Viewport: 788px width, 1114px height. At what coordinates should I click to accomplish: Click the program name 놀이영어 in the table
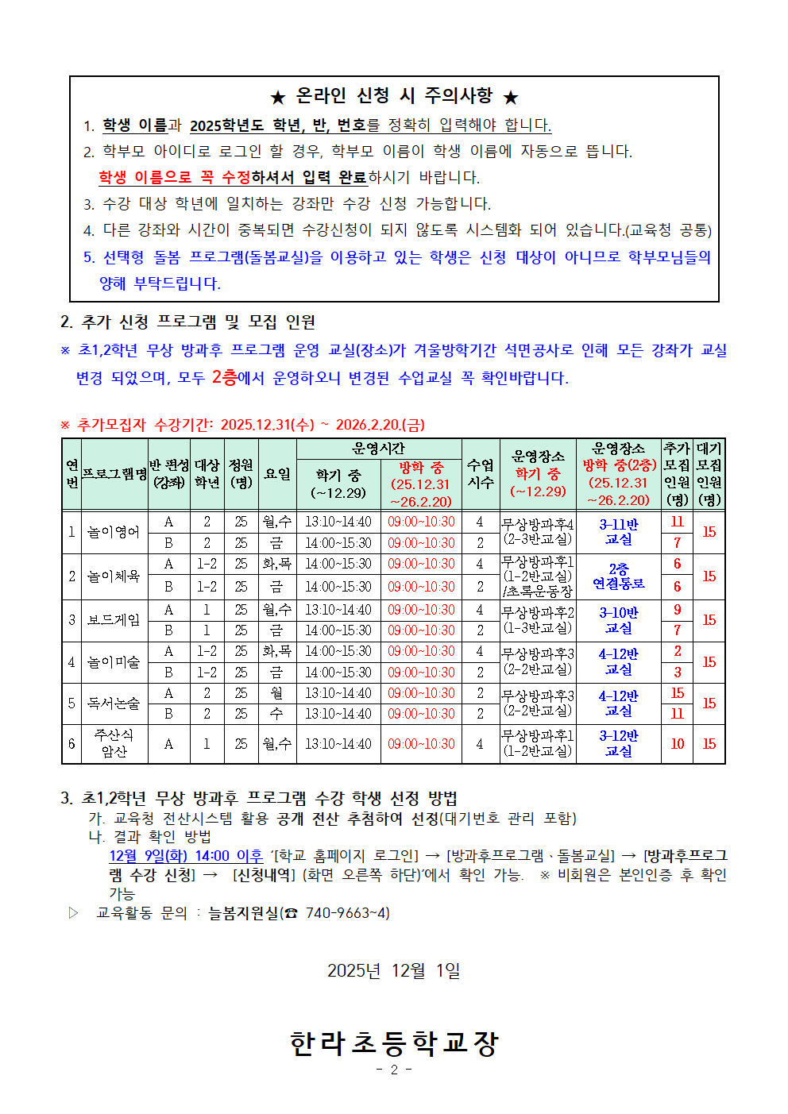click(113, 532)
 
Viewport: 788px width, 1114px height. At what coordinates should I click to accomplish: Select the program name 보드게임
click(113, 620)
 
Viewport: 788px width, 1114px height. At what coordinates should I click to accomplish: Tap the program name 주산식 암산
click(114, 743)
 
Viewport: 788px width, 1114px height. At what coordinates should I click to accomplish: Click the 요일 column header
click(277, 474)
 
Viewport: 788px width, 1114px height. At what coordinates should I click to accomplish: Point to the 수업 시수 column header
click(480, 474)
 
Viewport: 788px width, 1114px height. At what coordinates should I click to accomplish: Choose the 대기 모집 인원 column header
click(709, 474)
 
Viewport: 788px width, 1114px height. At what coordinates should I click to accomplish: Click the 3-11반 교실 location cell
click(618, 532)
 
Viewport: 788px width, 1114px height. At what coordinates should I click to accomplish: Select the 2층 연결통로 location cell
click(618, 576)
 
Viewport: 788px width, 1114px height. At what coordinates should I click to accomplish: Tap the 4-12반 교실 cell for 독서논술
click(618, 703)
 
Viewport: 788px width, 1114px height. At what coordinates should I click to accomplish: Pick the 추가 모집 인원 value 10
click(677, 744)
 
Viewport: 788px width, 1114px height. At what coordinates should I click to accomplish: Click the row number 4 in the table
click(71, 662)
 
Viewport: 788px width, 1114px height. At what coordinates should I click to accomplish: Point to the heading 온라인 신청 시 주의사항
click(394, 96)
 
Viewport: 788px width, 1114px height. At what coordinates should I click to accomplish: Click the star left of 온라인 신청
click(277, 98)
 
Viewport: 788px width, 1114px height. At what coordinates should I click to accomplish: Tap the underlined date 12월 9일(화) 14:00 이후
click(186, 856)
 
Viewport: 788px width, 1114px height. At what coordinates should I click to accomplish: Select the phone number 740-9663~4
click(347, 913)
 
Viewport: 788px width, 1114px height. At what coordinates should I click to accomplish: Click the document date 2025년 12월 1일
click(394, 970)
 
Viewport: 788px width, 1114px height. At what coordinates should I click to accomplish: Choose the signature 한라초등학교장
click(394, 1043)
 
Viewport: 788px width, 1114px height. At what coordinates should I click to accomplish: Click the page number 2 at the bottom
click(394, 1070)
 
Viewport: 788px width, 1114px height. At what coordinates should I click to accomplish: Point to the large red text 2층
click(224, 377)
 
